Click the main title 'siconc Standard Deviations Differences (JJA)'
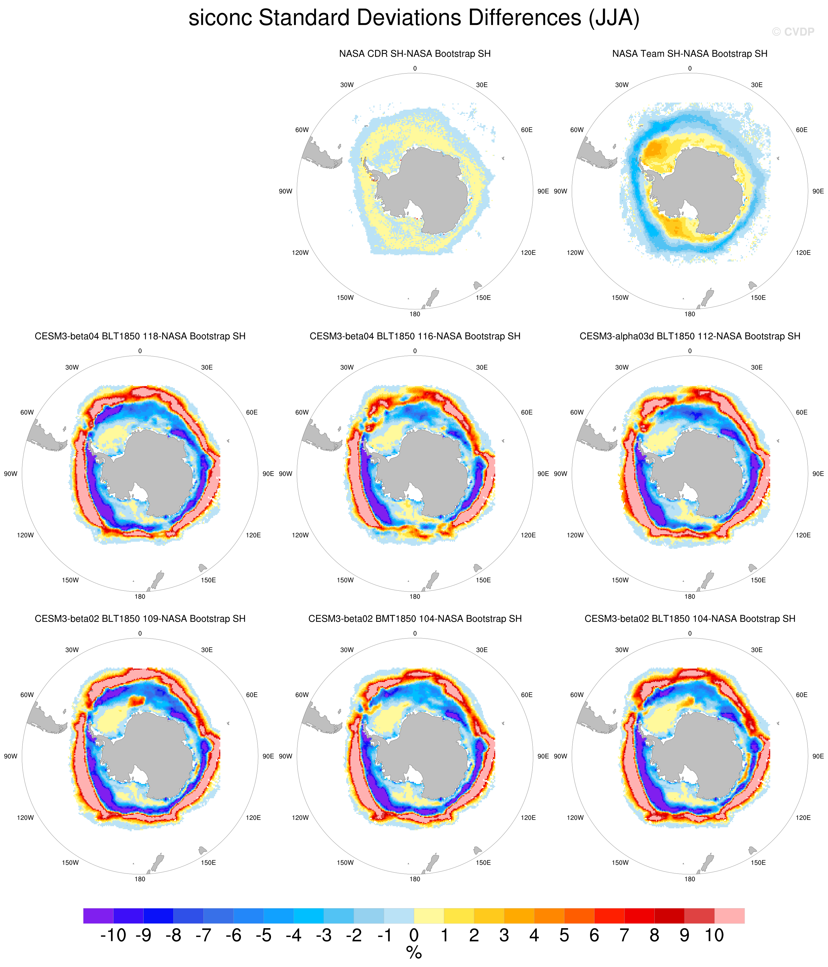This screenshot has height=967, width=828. (413, 18)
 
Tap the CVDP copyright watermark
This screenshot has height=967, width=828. (792, 32)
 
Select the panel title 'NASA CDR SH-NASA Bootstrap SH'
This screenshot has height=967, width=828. (415, 54)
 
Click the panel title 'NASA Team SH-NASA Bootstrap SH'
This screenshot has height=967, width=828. (689, 54)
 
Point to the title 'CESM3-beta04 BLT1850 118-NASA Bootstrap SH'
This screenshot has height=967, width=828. (140, 336)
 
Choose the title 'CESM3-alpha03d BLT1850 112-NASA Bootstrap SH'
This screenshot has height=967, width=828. (689, 336)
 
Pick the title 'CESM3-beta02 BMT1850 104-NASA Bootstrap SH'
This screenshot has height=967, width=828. (415, 618)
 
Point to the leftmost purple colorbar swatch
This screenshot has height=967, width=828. (98, 916)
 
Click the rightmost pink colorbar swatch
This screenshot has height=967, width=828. (730, 916)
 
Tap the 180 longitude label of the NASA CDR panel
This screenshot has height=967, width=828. (415, 314)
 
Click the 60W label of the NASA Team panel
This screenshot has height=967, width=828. (577, 130)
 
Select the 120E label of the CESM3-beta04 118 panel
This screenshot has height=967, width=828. (253, 535)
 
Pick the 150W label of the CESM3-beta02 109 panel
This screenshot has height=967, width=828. (71, 863)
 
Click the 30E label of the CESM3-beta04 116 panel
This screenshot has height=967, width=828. (482, 367)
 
